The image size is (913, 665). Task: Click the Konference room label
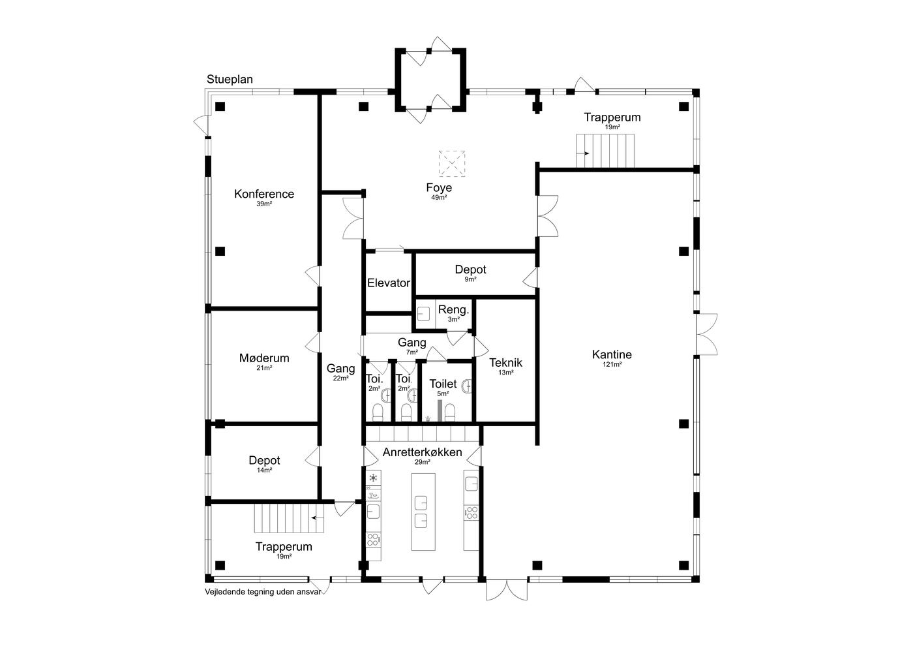pos(264,194)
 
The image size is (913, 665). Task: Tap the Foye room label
pos(439,188)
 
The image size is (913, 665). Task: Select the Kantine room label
pos(612,354)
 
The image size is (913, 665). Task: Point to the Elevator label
pos(389,283)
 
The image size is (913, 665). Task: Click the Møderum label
pos(264,358)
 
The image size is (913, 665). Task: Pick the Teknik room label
pos(505,363)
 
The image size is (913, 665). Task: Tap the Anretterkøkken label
pos(423,452)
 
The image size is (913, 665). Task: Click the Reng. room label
pos(453,309)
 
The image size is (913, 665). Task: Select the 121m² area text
pos(612,365)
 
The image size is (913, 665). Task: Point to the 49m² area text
pos(439,198)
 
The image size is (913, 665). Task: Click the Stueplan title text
pos(230,80)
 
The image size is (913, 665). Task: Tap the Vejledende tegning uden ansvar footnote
pos(263,591)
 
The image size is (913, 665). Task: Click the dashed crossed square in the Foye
pos(451,164)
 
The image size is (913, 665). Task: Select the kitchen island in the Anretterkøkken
pos(423,512)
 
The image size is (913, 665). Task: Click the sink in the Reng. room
pos(423,314)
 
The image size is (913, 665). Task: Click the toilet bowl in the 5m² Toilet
pos(449,412)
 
